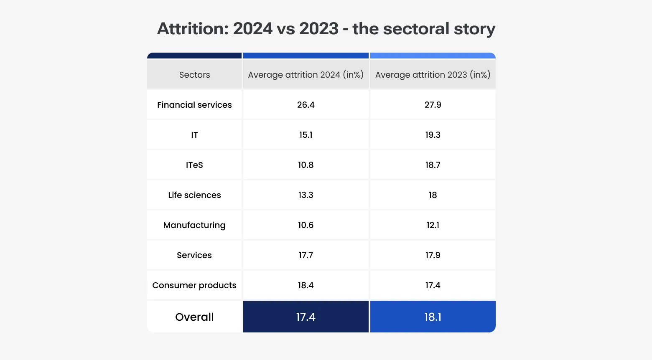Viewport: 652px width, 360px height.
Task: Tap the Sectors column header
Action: click(x=194, y=75)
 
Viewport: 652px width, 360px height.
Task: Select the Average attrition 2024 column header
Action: click(x=306, y=75)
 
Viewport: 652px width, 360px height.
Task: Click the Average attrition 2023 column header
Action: click(x=433, y=75)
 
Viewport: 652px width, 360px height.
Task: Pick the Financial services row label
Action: click(x=194, y=105)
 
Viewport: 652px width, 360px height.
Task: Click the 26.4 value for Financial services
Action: click(x=306, y=105)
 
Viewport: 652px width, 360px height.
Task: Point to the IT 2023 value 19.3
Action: click(x=433, y=135)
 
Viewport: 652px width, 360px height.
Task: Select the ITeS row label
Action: click(x=194, y=165)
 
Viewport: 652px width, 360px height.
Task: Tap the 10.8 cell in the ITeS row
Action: click(x=306, y=165)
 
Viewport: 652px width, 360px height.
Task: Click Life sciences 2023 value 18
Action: click(x=433, y=195)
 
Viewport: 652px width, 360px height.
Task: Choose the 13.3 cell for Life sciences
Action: click(x=306, y=195)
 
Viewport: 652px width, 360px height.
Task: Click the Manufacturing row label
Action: click(x=194, y=225)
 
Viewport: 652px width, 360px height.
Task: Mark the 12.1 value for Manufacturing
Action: click(x=433, y=225)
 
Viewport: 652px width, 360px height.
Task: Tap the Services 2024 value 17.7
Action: click(x=306, y=255)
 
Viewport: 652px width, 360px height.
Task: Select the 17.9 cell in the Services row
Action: click(x=433, y=255)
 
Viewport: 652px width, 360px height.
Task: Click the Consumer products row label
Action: click(x=194, y=285)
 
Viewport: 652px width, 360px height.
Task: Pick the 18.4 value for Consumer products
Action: click(x=306, y=285)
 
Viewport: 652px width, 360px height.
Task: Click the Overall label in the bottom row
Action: click(x=194, y=317)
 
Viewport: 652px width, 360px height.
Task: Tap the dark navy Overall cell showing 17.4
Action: click(x=306, y=317)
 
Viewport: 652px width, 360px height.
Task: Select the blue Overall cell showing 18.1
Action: click(x=433, y=317)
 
